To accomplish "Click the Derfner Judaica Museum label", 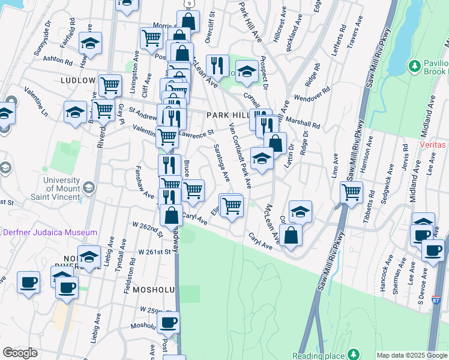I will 50,232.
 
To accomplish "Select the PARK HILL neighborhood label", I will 226,115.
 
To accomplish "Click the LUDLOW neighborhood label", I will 78,80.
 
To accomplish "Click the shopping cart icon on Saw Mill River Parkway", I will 351,193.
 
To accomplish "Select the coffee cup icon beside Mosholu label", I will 169,322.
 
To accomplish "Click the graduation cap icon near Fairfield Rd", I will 90,44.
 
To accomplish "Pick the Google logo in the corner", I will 20,353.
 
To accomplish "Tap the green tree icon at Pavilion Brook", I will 413,65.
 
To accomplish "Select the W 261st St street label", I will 154,252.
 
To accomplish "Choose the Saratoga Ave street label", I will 222,162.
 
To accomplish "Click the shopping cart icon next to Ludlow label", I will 110,85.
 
